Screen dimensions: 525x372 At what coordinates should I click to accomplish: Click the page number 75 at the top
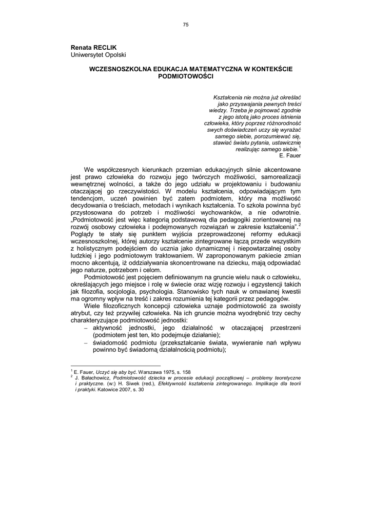(x=186, y=25)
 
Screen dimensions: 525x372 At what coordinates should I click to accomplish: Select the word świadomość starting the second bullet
(x=112, y=341)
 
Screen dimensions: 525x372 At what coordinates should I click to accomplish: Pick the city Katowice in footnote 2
(x=105, y=389)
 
